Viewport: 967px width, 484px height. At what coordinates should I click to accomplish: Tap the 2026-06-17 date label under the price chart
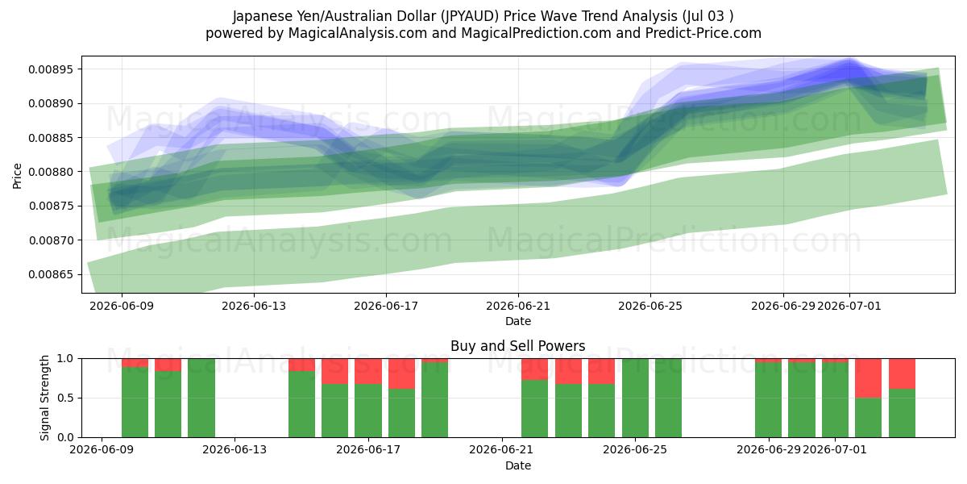click(x=386, y=307)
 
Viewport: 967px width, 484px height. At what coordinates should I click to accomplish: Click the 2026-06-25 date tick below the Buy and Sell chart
click(x=635, y=450)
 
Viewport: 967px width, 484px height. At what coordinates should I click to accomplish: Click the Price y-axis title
click(x=17, y=176)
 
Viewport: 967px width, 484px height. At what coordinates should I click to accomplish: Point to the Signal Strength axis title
click(x=44, y=398)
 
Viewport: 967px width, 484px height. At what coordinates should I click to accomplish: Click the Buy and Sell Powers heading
click(x=518, y=346)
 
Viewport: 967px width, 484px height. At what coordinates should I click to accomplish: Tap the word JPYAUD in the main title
click(x=470, y=16)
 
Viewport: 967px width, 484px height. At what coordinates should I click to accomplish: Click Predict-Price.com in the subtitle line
click(x=703, y=33)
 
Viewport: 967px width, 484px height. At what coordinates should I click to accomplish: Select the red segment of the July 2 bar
click(x=868, y=378)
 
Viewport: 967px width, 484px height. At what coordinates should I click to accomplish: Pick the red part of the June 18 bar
click(x=401, y=373)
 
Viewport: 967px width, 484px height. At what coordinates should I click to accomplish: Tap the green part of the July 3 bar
click(x=902, y=413)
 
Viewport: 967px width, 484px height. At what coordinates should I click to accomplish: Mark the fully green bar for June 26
click(x=668, y=398)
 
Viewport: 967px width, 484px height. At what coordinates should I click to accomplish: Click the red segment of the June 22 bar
click(x=534, y=369)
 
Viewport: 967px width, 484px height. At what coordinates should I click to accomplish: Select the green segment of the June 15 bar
click(x=301, y=404)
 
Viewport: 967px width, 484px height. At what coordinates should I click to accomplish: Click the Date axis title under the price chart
click(x=518, y=322)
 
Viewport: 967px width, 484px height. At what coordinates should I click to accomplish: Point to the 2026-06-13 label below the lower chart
click(x=234, y=450)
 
